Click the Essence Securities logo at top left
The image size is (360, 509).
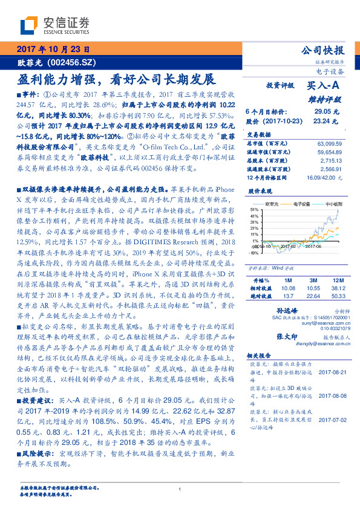tap(54, 25)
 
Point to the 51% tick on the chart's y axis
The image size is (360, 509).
tap(254, 209)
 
